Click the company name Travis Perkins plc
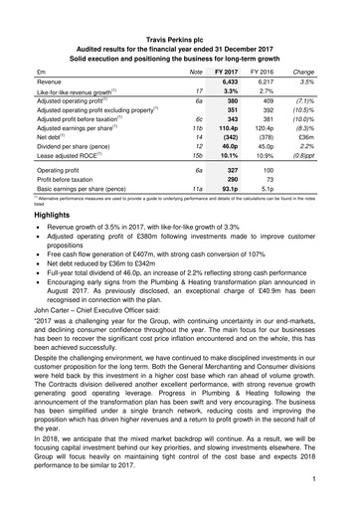tap(180, 10)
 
